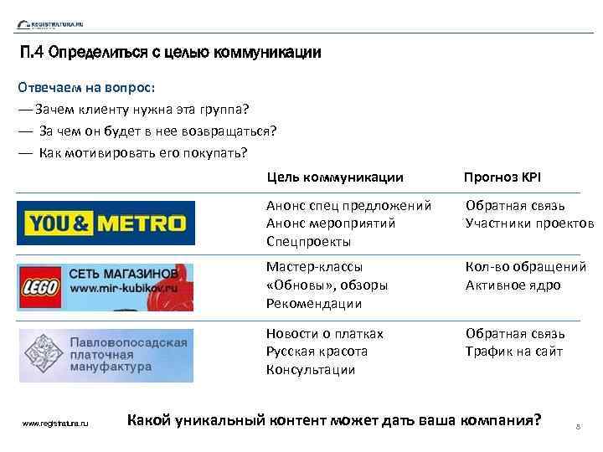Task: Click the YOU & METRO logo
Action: pos(106,223)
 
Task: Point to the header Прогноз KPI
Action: pos(502,177)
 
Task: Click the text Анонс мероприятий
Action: pos(330,223)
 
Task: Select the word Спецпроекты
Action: pos(308,242)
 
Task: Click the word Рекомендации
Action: pos(313,304)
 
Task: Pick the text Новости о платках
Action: pos(324,334)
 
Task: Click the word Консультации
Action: pos(311,370)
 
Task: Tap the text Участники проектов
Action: pos(529,223)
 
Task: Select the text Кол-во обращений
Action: pos(526,267)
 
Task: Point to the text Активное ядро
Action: pos(513,285)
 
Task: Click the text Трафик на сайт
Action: pos(514,352)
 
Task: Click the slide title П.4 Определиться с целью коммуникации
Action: pos(170,54)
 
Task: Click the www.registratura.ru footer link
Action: pos(56,424)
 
